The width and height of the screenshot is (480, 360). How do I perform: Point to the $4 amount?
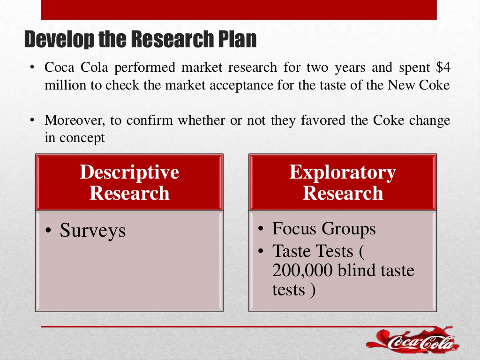coord(443,67)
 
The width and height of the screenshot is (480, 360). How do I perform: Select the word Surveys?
coord(92,231)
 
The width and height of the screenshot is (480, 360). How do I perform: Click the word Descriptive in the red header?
coord(129,172)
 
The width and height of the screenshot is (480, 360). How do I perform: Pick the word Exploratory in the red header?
coord(343,173)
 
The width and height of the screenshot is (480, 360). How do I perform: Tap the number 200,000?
coord(302,270)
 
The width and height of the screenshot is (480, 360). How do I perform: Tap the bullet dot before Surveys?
coord(48,231)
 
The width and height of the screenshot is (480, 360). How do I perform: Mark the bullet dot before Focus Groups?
coord(261,229)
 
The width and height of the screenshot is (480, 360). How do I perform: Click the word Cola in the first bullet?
coord(94,67)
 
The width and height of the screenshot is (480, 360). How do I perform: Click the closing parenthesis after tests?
coord(312,290)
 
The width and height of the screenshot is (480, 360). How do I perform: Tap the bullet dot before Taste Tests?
coord(261,251)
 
